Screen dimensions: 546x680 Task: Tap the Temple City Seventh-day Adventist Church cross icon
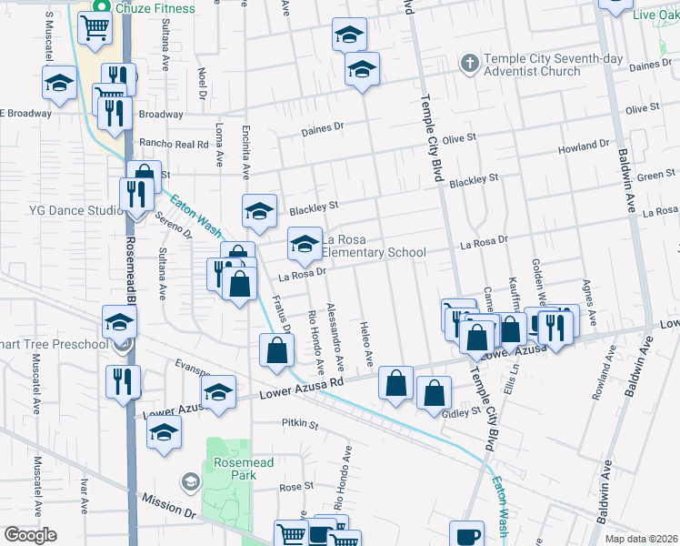pos(469,63)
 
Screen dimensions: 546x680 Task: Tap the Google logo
pos(30,535)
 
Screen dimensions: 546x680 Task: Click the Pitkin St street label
pos(300,424)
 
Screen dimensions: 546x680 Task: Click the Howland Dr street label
pos(584,146)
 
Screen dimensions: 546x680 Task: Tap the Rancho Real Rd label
pos(174,144)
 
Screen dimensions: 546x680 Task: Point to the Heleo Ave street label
pos(366,344)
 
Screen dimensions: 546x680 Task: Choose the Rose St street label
pos(296,487)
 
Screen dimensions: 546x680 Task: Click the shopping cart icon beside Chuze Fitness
pos(94,29)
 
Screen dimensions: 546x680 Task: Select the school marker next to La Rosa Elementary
pos(305,243)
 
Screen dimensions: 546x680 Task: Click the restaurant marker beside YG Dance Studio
pos(132,195)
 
